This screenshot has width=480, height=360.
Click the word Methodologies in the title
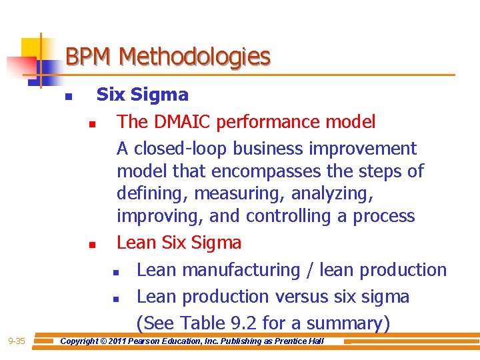pyautogui.click(x=195, y=57)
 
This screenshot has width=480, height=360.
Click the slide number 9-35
pyautogui.click(x=16, y=341)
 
